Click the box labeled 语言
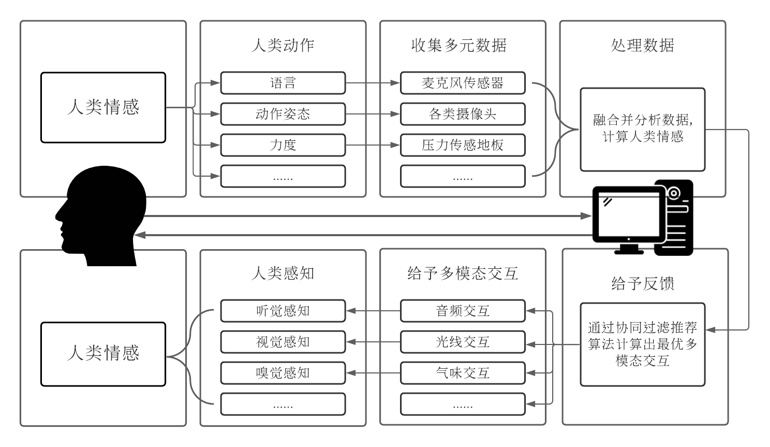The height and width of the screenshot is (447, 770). [x=283, y=83]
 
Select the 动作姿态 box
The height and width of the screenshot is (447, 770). [x=283, y=114]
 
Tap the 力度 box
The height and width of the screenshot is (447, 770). [x=283, y=145]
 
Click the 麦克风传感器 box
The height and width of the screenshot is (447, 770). [x=462, y=83]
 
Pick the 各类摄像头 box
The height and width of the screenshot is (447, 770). [x=462, y=114]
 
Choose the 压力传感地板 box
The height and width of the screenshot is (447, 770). [x=462, y=145]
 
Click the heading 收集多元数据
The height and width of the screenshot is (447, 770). [x=458, y=46]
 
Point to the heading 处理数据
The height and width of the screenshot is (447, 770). [x=642, y=46]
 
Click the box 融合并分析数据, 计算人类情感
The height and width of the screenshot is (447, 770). [x=642, y=129]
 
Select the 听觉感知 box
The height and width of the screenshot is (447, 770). [x=283, y=311]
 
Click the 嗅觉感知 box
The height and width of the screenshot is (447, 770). [x=283, y=373]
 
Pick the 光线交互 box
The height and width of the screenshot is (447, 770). [x=462, y=342]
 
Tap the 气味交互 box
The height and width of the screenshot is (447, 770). [x=462, y=373]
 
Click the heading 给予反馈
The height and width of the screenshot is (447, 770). [x=642, y=283]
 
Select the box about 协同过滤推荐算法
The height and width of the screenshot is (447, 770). [x=642, y=344]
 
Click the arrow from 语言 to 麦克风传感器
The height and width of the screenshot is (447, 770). [x=373, y=83]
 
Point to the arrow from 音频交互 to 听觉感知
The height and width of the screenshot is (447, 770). [x=373, y=311]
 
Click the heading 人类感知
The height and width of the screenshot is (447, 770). [x=283, y=273]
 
